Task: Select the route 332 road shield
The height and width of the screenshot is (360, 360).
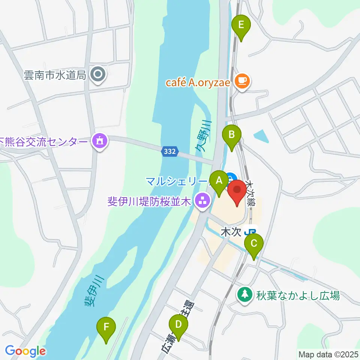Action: pyautogui.click(x=169, y=151)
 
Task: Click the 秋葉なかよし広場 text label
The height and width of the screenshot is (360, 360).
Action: pyautogui.click(x=298, y=295)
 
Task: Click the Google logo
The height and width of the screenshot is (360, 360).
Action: pyautogui.click(x=25, y=351)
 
